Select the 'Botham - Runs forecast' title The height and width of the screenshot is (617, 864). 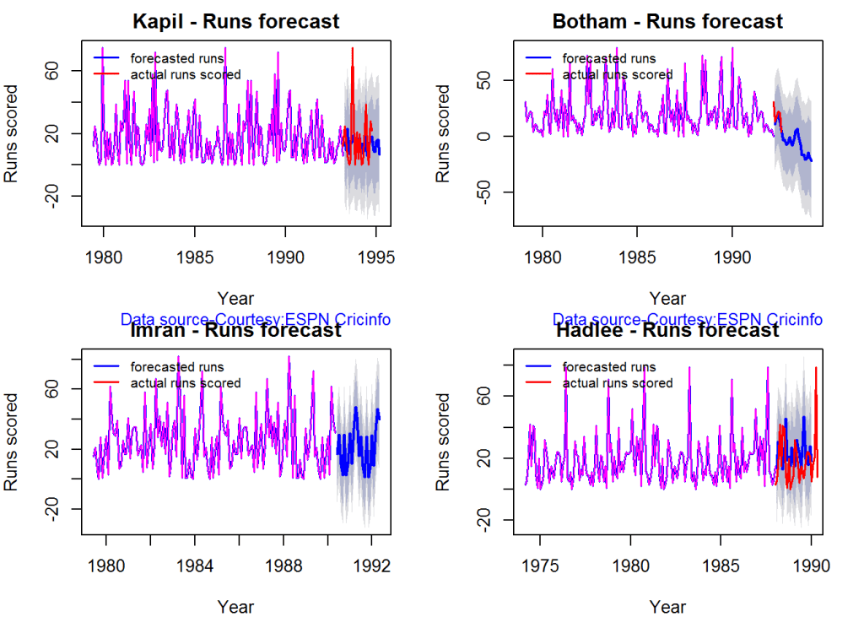667,21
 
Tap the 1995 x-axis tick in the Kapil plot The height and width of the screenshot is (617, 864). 375,257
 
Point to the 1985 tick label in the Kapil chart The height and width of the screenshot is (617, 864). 195,257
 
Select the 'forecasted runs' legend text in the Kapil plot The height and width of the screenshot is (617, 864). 176,59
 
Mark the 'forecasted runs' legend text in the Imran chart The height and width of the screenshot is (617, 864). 176,367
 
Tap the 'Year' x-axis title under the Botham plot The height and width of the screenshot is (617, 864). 667,298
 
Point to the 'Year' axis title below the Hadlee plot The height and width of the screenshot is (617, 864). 667,606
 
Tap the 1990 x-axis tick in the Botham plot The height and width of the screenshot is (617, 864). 732,257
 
